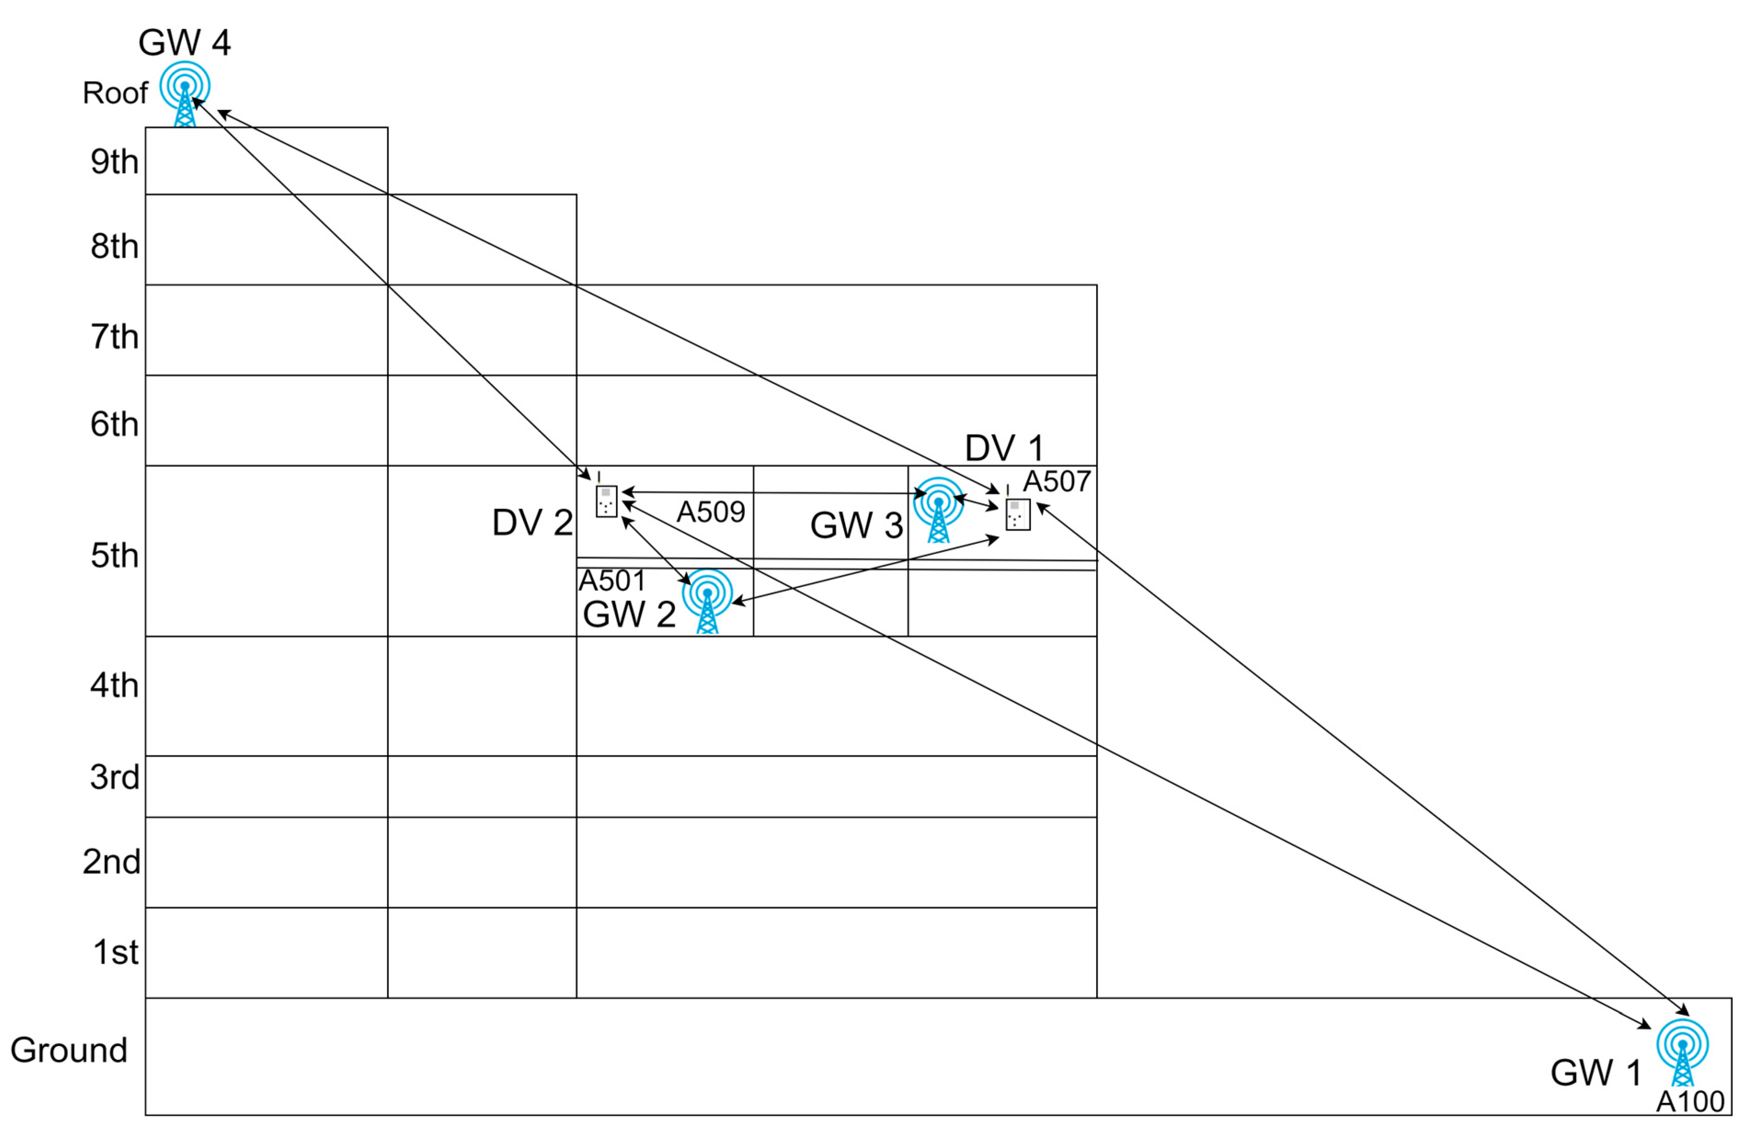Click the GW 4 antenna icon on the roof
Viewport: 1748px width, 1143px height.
[x=185, y=94]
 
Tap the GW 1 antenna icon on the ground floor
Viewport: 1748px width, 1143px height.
[x=1682, y=1051]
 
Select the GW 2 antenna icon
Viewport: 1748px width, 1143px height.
[x=707, y=600]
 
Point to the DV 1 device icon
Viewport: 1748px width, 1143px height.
[x=1017, y=512]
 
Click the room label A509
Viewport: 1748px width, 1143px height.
[x=710, y=512]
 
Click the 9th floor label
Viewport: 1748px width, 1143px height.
[x=114, y=162]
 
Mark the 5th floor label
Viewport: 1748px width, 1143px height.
[x=114, y=556]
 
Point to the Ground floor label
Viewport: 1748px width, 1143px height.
[x=69, y=1050]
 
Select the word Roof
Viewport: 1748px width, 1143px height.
[x=115, y=93]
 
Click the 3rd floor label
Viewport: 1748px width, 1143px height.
[x=114, y=777]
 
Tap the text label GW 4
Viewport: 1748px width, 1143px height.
[x=184, y=43]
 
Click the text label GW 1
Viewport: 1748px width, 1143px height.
[x=1596, y=1073]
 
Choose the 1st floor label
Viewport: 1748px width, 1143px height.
[x=115, y=952]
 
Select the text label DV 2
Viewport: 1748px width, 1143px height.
[x=532, y=523]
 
